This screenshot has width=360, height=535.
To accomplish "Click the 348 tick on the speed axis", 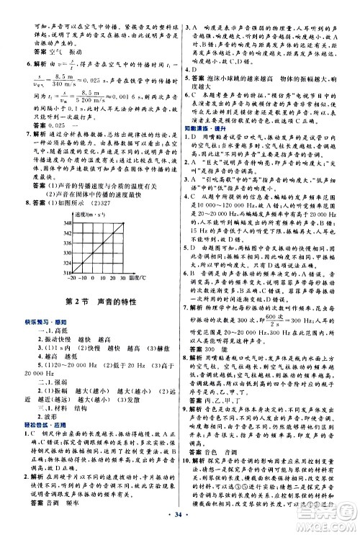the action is coord(46,204).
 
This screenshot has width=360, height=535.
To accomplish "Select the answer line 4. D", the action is coord(194,66).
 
